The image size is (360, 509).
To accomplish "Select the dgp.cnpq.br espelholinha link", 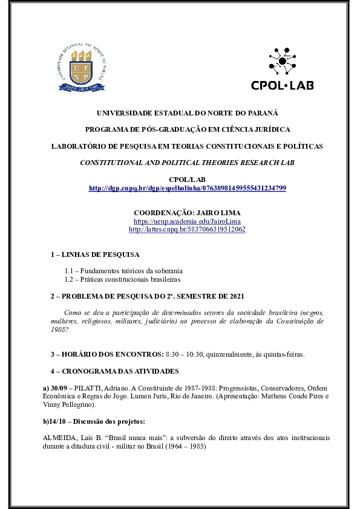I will pyautogui.click(x=187, y=189).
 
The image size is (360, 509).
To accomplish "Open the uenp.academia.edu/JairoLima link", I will pyautogui.click(x=187, y=222).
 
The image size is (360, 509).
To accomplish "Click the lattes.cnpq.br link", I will pyautogui.click(x=187, y=230).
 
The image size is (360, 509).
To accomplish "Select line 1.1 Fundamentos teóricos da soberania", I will pyautogui.click(x=123, y=271).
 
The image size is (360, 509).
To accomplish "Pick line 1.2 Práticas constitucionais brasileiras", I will pyautogui.click(x=122, y=279).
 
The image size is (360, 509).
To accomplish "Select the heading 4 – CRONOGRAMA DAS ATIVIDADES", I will pyautogui.click(x=114, y=370).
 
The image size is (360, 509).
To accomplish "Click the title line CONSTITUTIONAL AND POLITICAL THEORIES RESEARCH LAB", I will pyautogui.click(x=187, y=163).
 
